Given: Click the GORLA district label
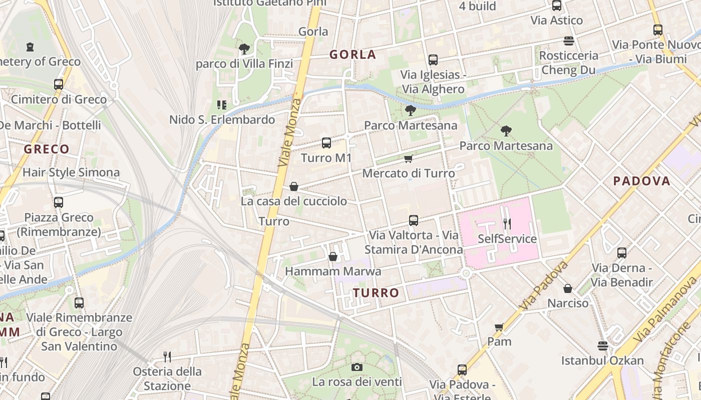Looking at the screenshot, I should [x=353, y=54].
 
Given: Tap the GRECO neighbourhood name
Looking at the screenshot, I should [x=47, y=149].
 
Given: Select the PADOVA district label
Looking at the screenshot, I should [x=641, y=181].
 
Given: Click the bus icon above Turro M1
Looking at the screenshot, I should [x=326, y=143].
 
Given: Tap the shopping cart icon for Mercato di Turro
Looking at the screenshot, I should [x=408, y=159].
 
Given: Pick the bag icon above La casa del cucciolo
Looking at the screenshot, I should [x=294, y=186].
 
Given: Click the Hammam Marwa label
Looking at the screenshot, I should [x=333, y=271].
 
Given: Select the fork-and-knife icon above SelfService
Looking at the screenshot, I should [x=507, y=223].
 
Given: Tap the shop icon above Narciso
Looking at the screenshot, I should [x=568, y=288].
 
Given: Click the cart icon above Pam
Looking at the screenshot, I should [x=499, y=327].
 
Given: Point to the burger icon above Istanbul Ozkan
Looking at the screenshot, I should [x=602, y=345].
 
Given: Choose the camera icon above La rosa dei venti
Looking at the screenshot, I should [x=357, y=367].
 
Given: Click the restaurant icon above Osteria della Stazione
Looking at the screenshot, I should [x=167, y=356].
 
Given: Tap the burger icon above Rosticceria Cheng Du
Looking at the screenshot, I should [x=568, y=40].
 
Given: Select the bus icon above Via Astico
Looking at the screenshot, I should [x=557, y=5].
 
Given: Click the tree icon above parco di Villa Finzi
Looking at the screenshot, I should [x=244, y=48].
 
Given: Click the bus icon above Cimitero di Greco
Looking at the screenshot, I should [x=59, y=84].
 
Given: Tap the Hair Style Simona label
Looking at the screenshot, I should [x=71, y=172].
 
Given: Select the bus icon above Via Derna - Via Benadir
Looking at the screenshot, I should [x=622, y=253].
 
